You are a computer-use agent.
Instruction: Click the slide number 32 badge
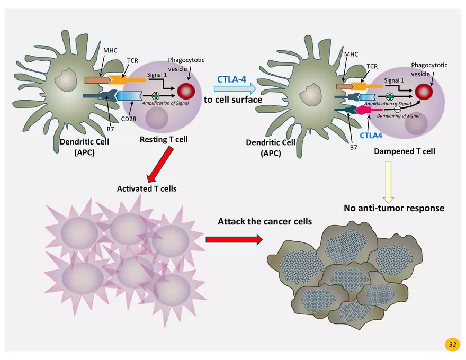point(452,344)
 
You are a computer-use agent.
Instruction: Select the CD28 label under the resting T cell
point(129,119)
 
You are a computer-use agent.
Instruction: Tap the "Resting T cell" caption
point(164,140)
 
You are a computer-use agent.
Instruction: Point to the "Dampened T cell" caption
point(405,151)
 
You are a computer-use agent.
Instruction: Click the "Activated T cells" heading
point(147,188)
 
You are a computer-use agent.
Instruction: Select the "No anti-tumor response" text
point(394,208)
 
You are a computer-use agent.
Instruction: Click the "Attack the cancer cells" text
point(265,221)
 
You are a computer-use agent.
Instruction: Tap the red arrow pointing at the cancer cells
point(234,240)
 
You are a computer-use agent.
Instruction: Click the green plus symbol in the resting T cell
point(156,96)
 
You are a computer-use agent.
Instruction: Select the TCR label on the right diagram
point(372,67)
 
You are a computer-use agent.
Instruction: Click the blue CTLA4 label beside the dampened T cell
point(371,135)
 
